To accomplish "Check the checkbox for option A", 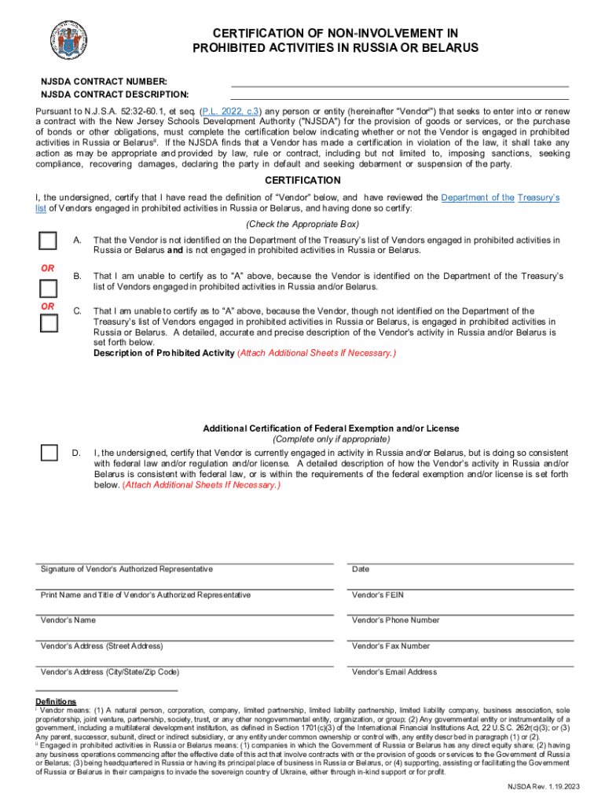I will point(49,241).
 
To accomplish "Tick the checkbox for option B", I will point(49,288).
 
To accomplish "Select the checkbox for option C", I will point(49,322).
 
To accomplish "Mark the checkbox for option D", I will point(49,452).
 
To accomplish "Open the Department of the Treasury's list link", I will point(500,197).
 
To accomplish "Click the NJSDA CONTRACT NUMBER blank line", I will point(399,82).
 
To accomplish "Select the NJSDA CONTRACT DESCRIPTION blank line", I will point(399,95).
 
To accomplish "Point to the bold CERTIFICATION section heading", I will point(302,180).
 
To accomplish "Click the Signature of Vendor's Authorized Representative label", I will point(126,569).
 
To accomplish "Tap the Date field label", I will point(361,569).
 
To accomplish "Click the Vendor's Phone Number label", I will point(395,620).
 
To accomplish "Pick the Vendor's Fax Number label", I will point(390,646).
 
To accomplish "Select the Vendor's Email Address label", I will point(394,672).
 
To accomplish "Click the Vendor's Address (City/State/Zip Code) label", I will point(110,672).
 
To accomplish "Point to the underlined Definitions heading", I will point(56,701).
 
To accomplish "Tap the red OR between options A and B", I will point(48,268).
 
